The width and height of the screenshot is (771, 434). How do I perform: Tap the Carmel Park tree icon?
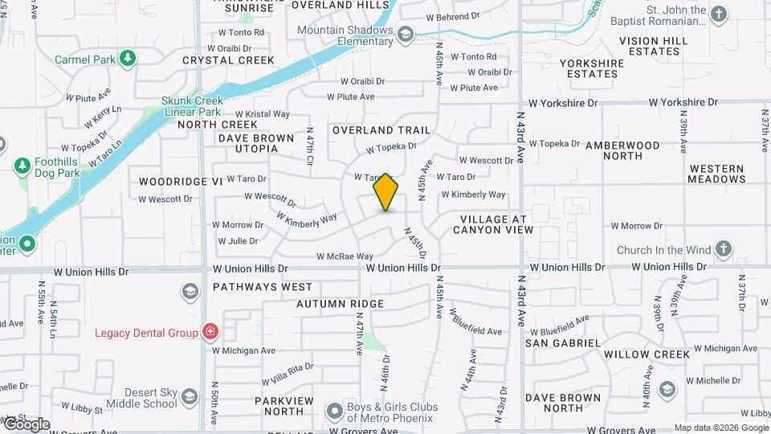[x=127, y=58]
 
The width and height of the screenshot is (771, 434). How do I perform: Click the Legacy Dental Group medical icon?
[x=210, y=331]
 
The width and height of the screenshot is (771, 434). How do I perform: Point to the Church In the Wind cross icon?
[x=723, y=248]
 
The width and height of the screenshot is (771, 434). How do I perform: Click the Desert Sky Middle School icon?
[x=190, y=396]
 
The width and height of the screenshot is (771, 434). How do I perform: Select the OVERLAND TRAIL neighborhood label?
[x=381, y=130]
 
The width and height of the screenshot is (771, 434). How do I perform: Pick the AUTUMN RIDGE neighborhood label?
[x=340, y=304]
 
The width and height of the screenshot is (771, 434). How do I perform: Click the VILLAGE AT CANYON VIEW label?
[x=493, y=224]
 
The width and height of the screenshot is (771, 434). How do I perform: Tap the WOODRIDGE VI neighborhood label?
[x=180, y=182]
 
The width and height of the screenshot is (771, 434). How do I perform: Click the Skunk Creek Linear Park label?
[x=191, y=106]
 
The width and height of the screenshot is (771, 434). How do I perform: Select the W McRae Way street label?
[x=345, y=256]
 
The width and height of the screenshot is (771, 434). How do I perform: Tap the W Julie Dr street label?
[x=237, y=240]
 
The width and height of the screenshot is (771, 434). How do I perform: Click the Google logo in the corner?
[x=26, y=424]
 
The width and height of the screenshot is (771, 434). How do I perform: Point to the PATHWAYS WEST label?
[x=263, y=287]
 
